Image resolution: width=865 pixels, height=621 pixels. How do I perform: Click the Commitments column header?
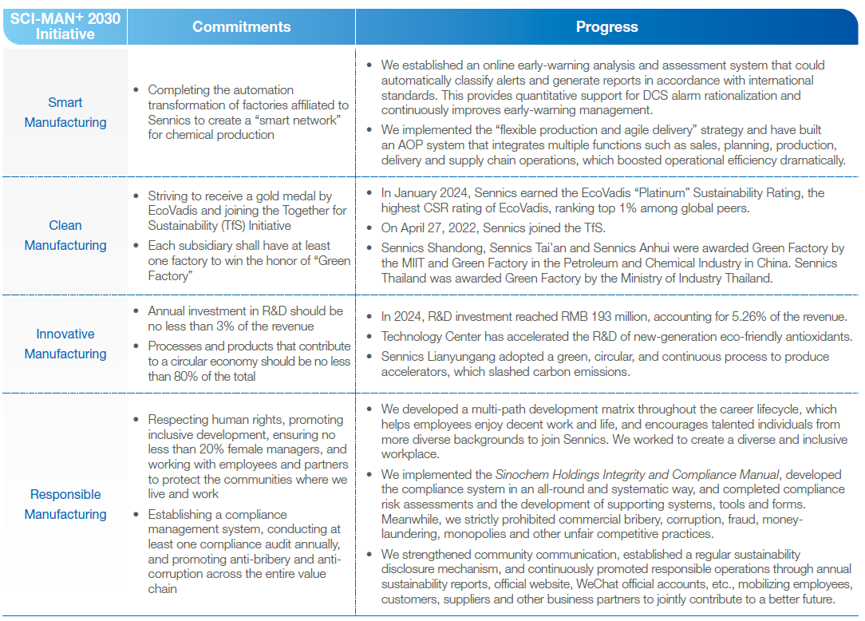(x=241, y=27)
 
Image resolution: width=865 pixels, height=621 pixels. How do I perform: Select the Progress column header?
(x=606, y=27)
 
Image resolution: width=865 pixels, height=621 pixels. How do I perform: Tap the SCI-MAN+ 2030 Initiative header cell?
(x=65, y=26)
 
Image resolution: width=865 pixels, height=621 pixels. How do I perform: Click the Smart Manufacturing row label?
(x=65, y=113)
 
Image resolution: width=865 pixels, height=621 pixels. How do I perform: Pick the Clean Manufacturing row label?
(x=65, y=235)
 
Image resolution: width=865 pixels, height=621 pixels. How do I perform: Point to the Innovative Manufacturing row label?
(x=65, y=344)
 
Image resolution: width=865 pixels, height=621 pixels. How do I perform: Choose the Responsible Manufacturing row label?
(x=65, y=504)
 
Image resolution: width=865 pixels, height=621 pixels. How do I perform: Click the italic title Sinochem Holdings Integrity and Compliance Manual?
(x=637, y=474)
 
